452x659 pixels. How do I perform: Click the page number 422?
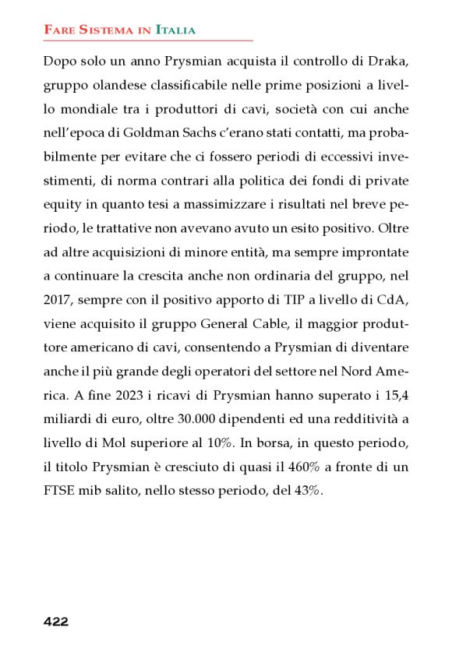tap(56, 622)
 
